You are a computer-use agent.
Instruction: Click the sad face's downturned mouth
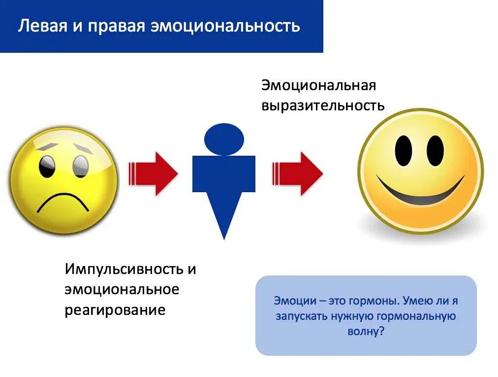(x=63, y=201)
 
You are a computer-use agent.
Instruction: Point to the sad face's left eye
(x=48, y=166)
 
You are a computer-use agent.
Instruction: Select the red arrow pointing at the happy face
(x=297, y=173)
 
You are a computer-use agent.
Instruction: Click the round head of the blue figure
(x=224, y=139)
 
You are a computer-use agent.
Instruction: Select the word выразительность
(x=323, y=105)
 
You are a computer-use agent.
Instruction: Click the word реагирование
(x=115, y=310)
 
